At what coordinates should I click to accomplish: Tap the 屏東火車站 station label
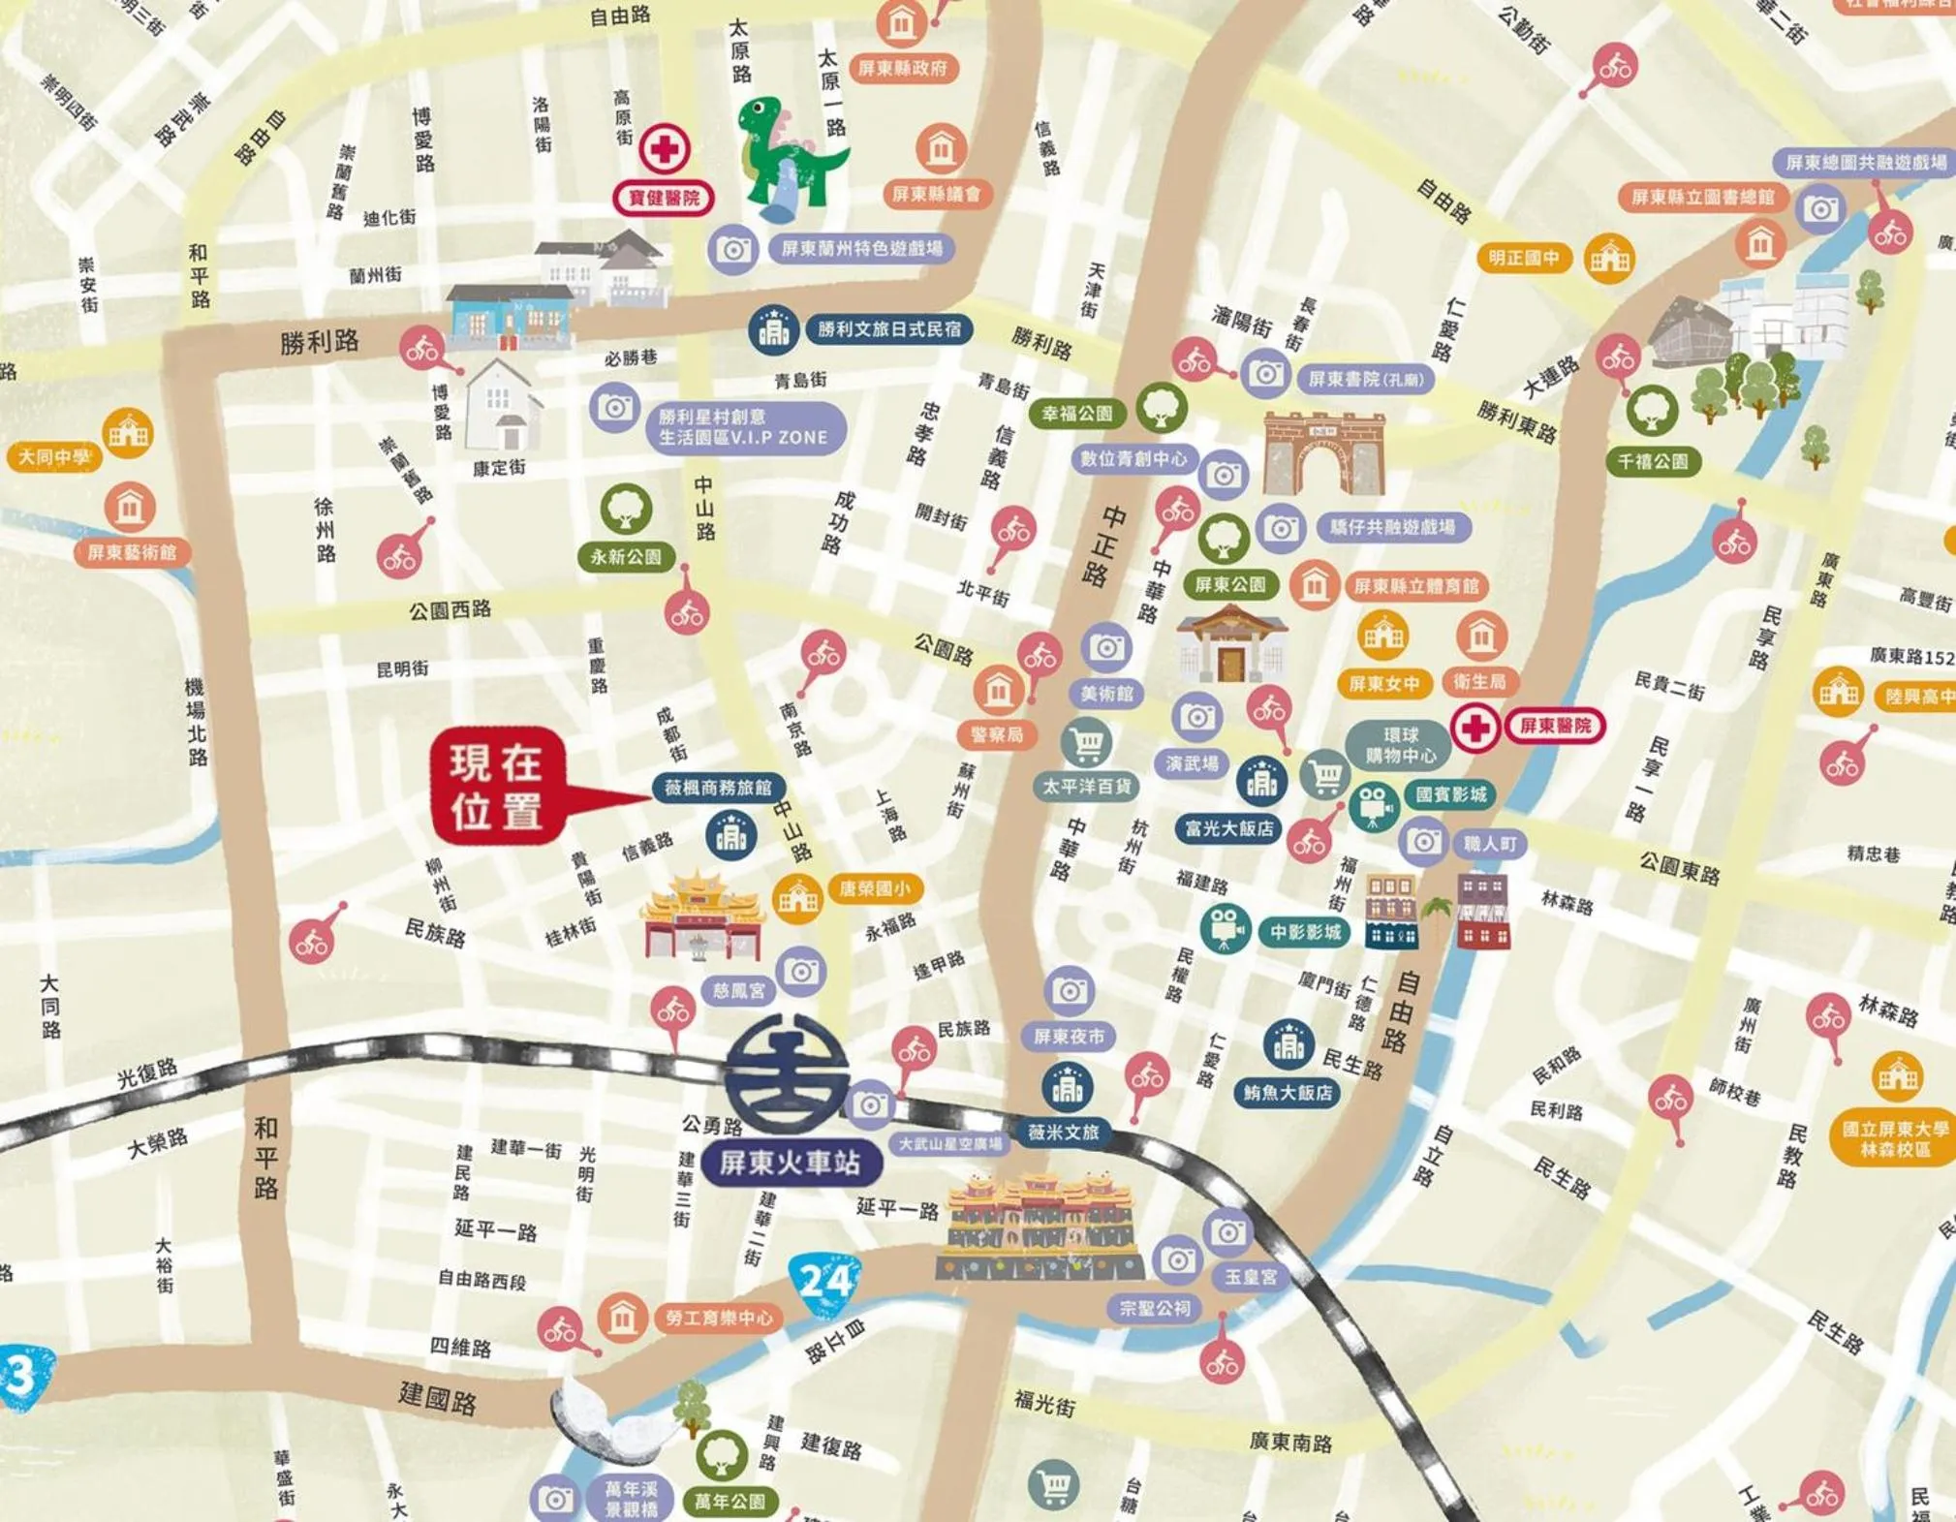pyautogui.click(x=790, y=1162)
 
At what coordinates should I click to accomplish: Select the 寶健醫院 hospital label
pyautogui.click(x=664, y=198)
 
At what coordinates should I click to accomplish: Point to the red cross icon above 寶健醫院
pyautogui.click(x=664, y=149)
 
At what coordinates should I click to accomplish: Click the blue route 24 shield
pyautogui.click(x=824, y=1282)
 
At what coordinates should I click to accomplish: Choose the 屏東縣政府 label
pyautogui.click(x=902, y=68)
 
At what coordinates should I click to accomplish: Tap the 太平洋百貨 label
pyautogui.click(x=1086, y=787)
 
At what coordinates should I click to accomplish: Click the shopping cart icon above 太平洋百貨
pyautogui.click(x=1086, y=743)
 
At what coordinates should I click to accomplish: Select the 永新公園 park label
pyautogui.click(x=626, y=557)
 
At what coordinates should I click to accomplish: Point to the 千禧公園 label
pyautogui.click(x=1652, y=462)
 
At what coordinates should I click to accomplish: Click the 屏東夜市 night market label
pyautogui.click(x=1069, y=1037)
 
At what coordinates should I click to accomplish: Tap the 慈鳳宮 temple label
pyautogui.click(x=738, y=990)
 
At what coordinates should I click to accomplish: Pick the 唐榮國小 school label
pyautogui.click(x=874, y=888)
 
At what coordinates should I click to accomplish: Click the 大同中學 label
pyautogui.click(x=54, y=456)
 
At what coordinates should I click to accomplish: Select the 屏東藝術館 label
pyautogui.click(x=132, y=552)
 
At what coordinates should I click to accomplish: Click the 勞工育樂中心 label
pyautogui.click(x=718, y=1318)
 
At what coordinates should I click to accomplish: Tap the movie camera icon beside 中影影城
pyautogui.click(x=1225, y=927)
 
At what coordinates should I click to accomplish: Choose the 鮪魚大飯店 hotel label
pyautogui.click(x=1287, y=1093)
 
